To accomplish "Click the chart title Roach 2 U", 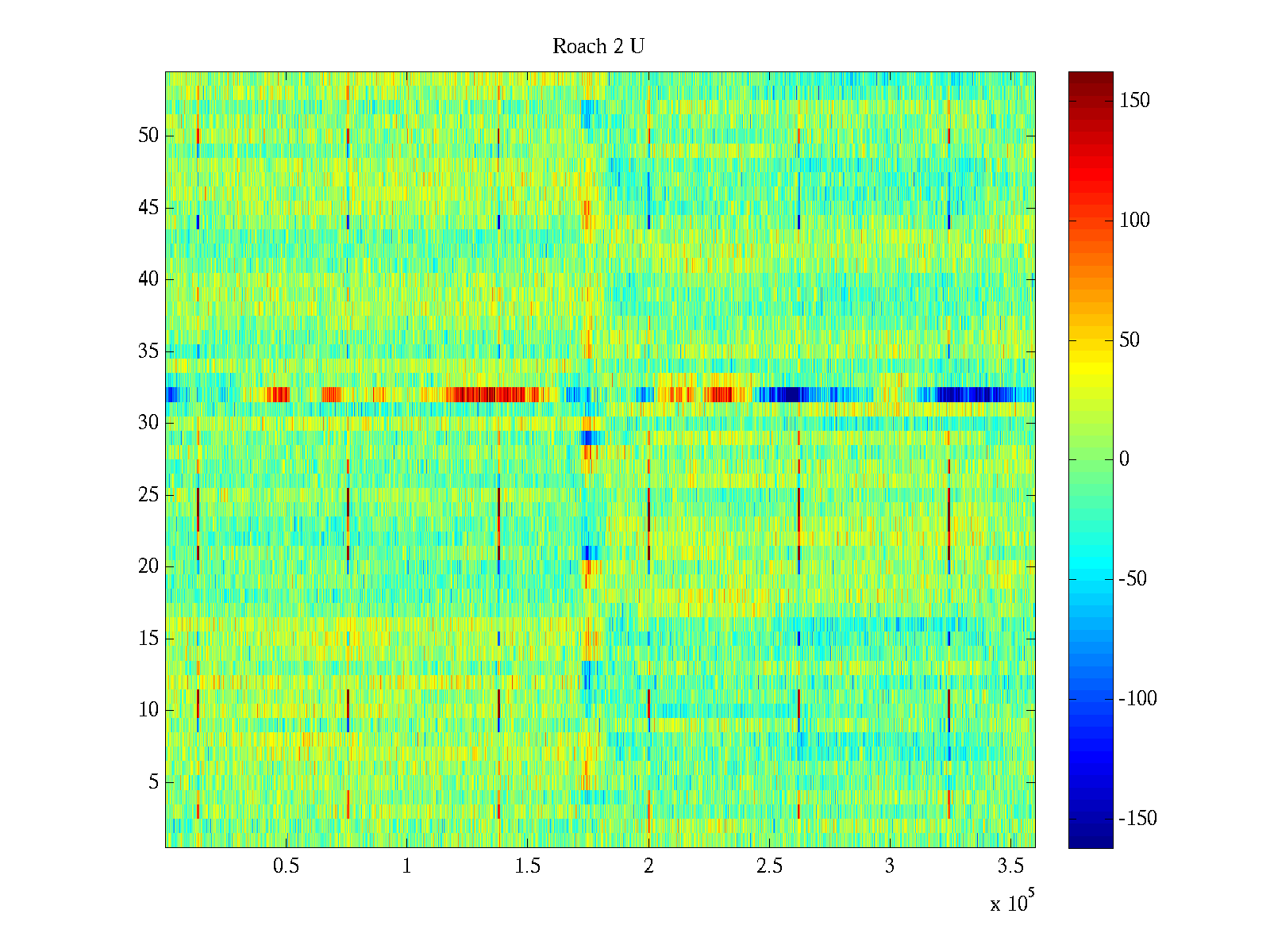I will point(598,47).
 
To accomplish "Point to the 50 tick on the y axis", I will point(148,136).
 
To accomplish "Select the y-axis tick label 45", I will point(148,208).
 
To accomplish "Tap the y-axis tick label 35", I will point(148,351).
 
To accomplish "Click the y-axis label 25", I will point(148,495).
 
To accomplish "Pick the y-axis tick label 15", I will point(148,639).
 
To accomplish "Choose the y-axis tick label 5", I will point(153,782).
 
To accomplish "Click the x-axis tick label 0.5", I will point(286,866).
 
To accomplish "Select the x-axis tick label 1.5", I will point(527,866).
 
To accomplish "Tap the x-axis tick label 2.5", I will point(769,866).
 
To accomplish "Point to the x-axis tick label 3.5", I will point(1010,866).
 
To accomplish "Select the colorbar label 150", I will point(1134,101).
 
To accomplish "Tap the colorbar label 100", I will point(1134,221).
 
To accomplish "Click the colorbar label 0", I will point(1124,459).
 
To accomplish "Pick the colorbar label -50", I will point(1133,579).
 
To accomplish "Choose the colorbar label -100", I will point(1137,699).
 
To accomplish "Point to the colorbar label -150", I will point(1137,819).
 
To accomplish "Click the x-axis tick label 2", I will point(648,866).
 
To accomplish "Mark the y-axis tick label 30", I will point(148,423).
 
